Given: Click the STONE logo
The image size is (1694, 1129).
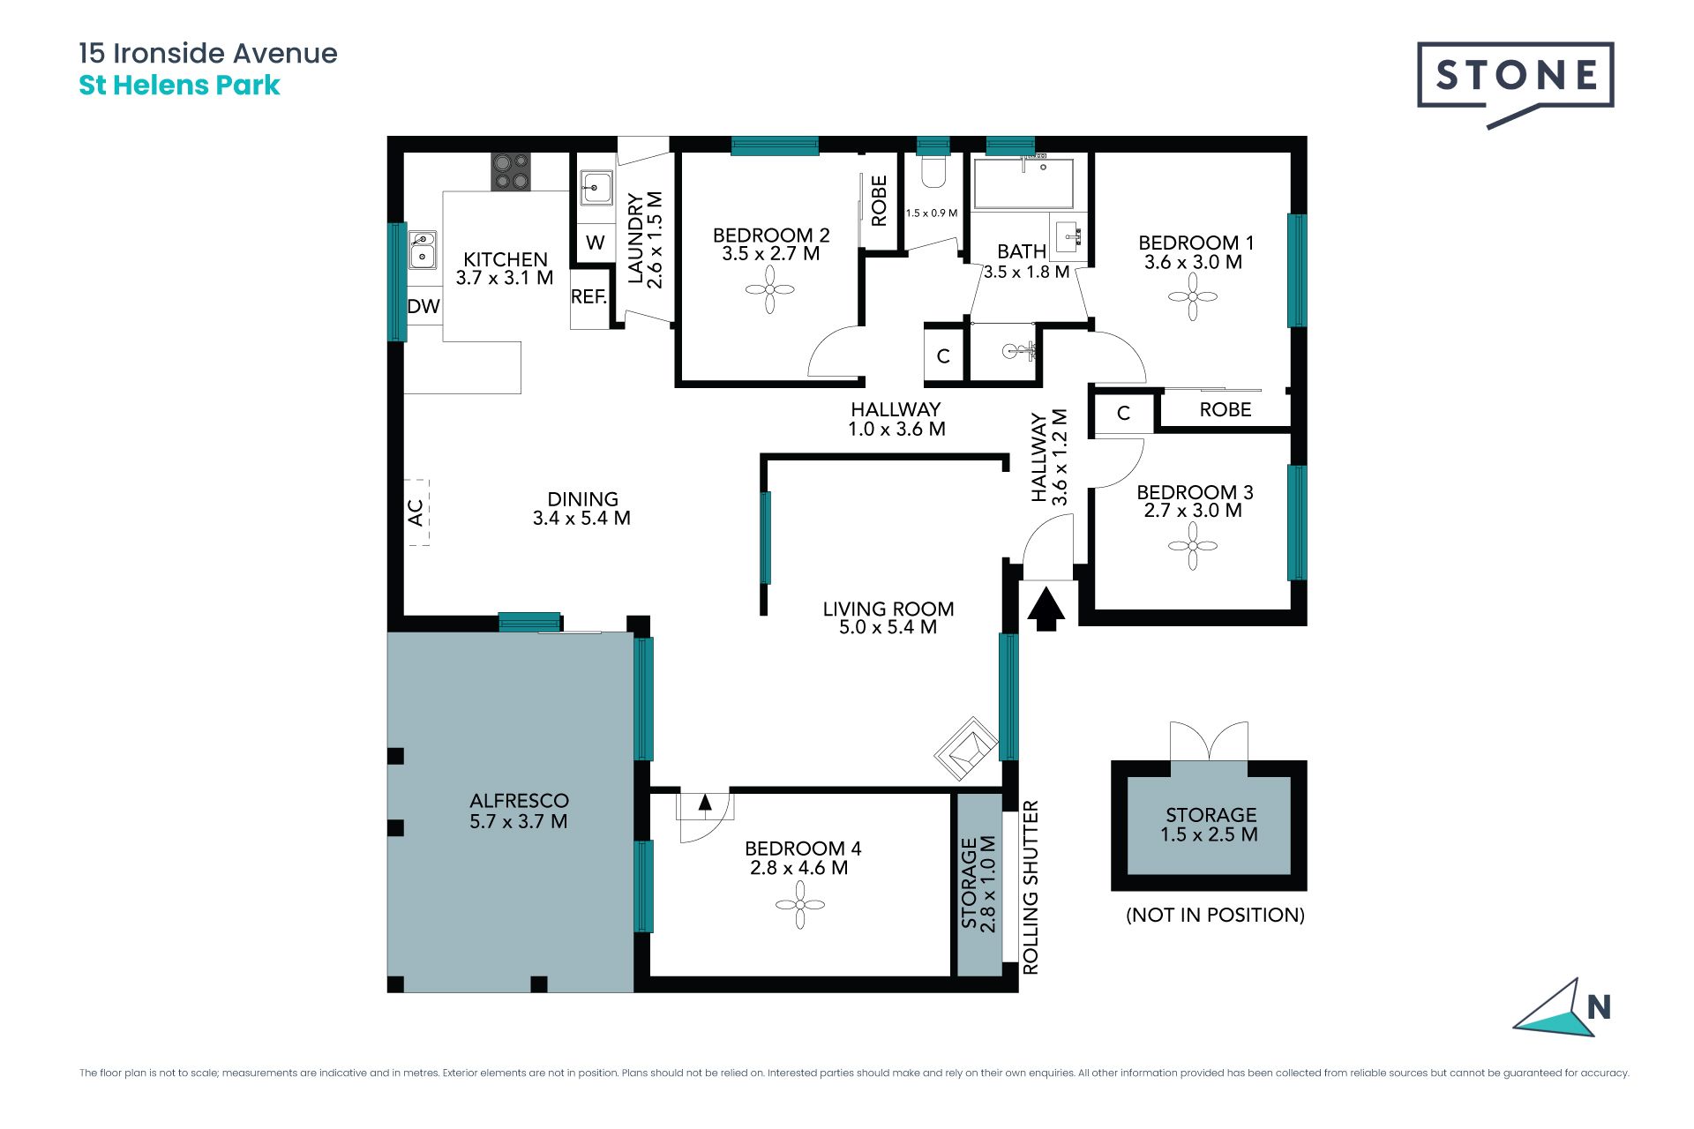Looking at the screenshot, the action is point(1516,84).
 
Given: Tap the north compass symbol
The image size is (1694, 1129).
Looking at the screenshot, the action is point(1563,1007).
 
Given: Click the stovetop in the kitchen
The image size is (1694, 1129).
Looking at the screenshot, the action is point(511,171).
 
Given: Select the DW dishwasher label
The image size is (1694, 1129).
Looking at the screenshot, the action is point(423,306).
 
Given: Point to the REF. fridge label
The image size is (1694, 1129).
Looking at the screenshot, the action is point(589,297).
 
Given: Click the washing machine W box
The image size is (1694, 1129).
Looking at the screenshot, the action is point(596,243).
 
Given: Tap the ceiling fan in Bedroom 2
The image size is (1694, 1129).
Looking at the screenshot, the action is point(770,289).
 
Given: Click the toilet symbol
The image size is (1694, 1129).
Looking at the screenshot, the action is point(933,171).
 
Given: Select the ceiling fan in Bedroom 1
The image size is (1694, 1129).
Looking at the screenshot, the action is point(1193,296).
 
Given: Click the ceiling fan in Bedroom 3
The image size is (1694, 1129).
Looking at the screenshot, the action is point(1193,546).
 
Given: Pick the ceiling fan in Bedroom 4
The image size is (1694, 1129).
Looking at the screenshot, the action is point(800,904).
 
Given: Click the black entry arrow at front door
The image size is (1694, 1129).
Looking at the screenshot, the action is point(1046,609).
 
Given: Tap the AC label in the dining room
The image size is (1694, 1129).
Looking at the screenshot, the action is point(416,512).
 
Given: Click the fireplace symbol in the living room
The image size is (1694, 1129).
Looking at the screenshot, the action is point(967,748).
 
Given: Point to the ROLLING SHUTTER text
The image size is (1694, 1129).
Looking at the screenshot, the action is point(1031,887).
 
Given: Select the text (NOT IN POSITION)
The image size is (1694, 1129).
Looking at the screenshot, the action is point(1215,915).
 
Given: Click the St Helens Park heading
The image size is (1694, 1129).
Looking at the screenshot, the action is point(179,86).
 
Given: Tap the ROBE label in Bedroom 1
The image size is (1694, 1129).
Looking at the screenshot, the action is point(1226,409).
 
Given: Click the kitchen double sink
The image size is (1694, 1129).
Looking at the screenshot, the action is point(422,250).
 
